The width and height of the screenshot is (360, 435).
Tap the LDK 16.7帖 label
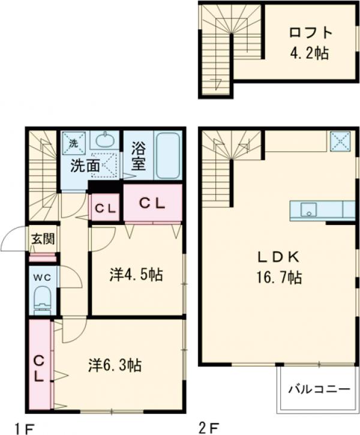(x=279, y=267)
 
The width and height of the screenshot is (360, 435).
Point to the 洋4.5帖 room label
(x=136, y=275)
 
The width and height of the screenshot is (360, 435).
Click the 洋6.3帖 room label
(x=115, y=364)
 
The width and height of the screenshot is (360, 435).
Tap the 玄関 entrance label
(x=43, y=239)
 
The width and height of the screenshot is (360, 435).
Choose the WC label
(x=43, y=277)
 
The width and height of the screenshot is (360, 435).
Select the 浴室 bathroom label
(x=139, y=155)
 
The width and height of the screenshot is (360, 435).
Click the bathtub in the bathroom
(x=169, y=155)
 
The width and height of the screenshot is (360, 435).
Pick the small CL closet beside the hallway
(x=105, y=208)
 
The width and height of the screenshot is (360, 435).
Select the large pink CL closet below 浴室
(x=152, y=203)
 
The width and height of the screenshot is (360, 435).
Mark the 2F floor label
(x=208, y=428)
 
